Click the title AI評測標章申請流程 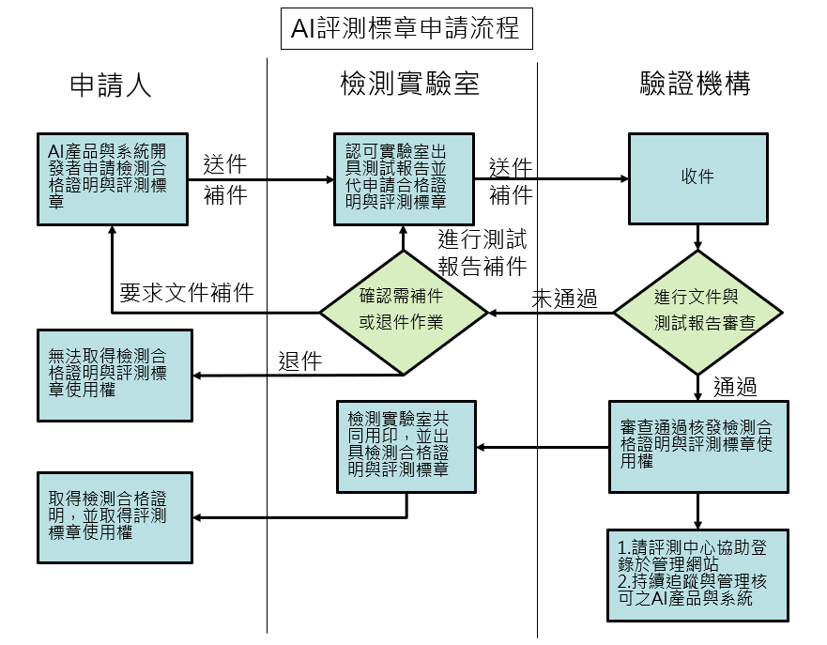point(406,28)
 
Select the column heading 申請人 point(111,85)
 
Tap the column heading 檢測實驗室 point(409,85)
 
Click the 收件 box point(697,177)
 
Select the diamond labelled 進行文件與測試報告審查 point(697,312)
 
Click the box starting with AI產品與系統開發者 point(111,177)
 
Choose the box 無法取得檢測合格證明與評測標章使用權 point(114,375)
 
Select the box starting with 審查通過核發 point(697,448)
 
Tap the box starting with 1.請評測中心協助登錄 point(697,575)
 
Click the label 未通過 point(564,299)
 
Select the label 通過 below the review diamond point(735,387)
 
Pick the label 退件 point(300,361)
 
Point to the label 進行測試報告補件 point(482,253)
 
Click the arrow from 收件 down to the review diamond point(697,236)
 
